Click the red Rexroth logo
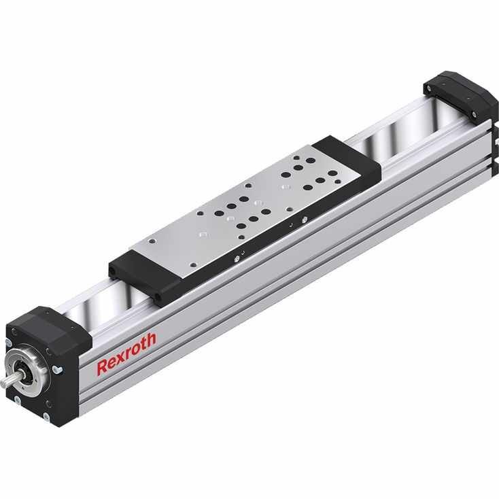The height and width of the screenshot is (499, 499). click(x=126, y=354)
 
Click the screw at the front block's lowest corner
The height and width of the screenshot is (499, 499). click(x=47, y=415)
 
